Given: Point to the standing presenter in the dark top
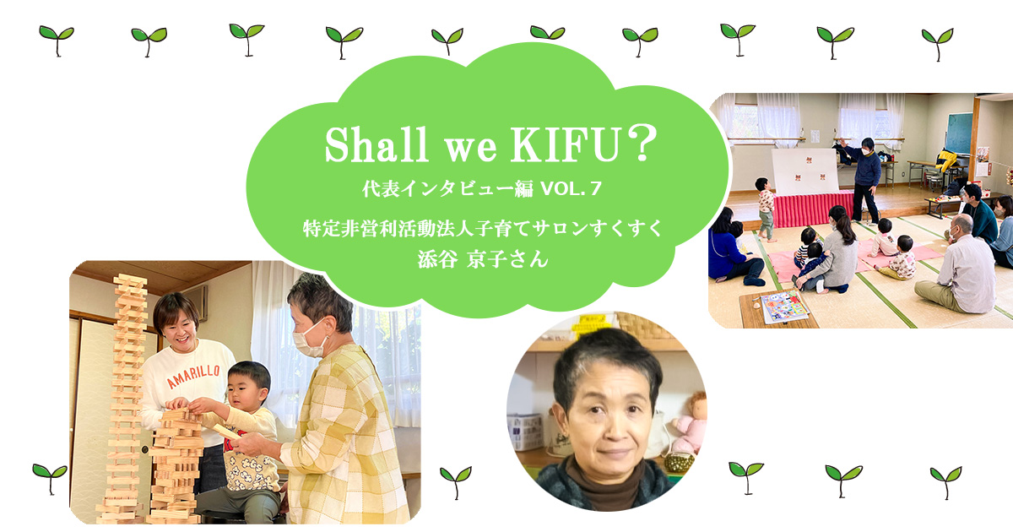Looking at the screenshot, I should (863, 177).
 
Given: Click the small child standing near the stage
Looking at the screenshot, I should (766, 208).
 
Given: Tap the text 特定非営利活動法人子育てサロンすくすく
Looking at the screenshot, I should (483, 228).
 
